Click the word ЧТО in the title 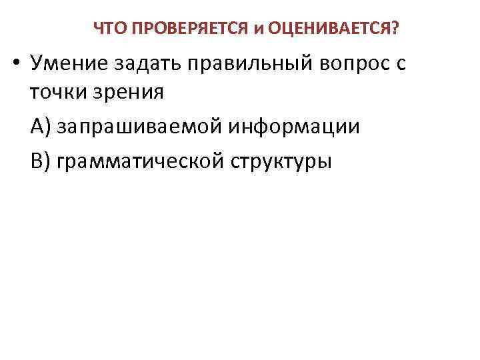pyautogui.click(x=107, y=29)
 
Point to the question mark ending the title pyautogui.click(x=396, y=29)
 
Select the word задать pyautogui.click(x=149, y=65)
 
